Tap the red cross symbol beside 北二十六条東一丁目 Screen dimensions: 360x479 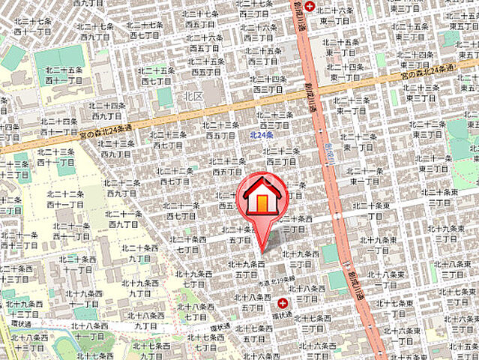[310, 6]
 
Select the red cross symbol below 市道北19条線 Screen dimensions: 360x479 [283, 303]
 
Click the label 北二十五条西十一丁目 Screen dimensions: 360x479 [62, 74]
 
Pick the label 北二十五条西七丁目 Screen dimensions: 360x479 [157, 75]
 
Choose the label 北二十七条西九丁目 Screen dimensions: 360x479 [94, 31]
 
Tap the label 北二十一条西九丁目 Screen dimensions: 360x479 [124, 218]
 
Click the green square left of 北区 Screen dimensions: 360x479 [164, 96]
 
